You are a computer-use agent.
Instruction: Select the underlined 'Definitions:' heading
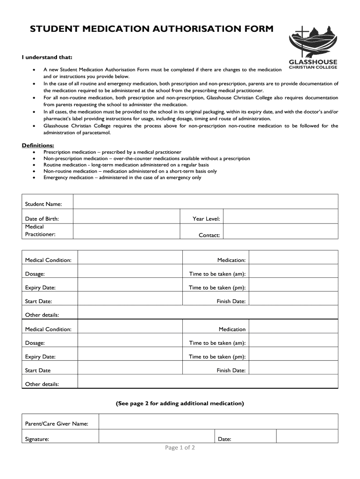click(x=38, y=145)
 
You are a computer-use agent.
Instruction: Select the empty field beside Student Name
click(x=205, y=202)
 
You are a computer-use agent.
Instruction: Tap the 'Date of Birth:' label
click(x=42, y=218)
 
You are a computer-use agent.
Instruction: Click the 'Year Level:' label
click(x=206, y=218)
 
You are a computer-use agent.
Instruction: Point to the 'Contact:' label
click(x=209, y=235)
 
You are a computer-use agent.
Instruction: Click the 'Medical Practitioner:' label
click(x=40, y=231)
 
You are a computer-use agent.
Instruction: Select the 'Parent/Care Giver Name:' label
click(x=57, y=424)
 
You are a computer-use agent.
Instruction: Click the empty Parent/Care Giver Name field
click(x=217, y=422)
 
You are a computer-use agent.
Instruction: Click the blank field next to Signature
click(x=157, y=437)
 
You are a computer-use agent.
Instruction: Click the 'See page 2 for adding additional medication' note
click(x=180, y=403)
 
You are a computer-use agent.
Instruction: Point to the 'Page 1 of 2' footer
click(x=180, y=448)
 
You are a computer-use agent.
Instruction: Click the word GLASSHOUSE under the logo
click(x=313, y=62)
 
